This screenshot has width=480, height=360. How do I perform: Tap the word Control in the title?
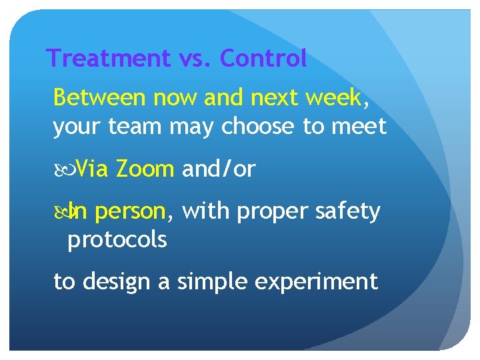click(263, 59)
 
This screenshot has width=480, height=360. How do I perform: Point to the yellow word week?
click(334, 98)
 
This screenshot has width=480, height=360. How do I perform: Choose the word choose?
click(256, 127)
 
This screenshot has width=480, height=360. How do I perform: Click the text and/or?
click(219, 170)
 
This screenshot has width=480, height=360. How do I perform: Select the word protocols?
click(117, 240)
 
